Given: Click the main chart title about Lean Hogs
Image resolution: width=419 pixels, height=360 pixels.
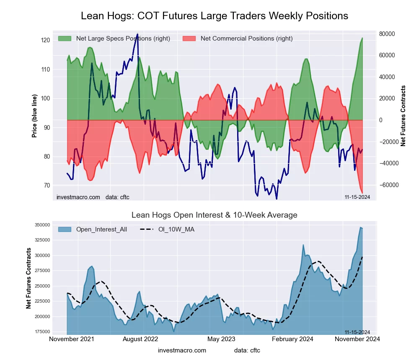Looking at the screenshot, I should (214, 16).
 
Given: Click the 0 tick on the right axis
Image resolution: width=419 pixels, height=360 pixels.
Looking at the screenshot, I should (381, 120).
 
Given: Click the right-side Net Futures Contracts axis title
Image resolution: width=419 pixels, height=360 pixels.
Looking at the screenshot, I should (403, 116).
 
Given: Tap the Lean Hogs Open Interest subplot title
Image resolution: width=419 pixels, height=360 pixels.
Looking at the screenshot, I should (214, 215).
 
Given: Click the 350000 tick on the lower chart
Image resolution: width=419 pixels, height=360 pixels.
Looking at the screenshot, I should (42, 225).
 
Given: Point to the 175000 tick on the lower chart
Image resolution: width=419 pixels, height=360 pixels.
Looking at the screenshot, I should (42, 332).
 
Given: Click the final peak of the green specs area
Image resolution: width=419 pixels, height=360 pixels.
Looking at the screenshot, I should (362, 38).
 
